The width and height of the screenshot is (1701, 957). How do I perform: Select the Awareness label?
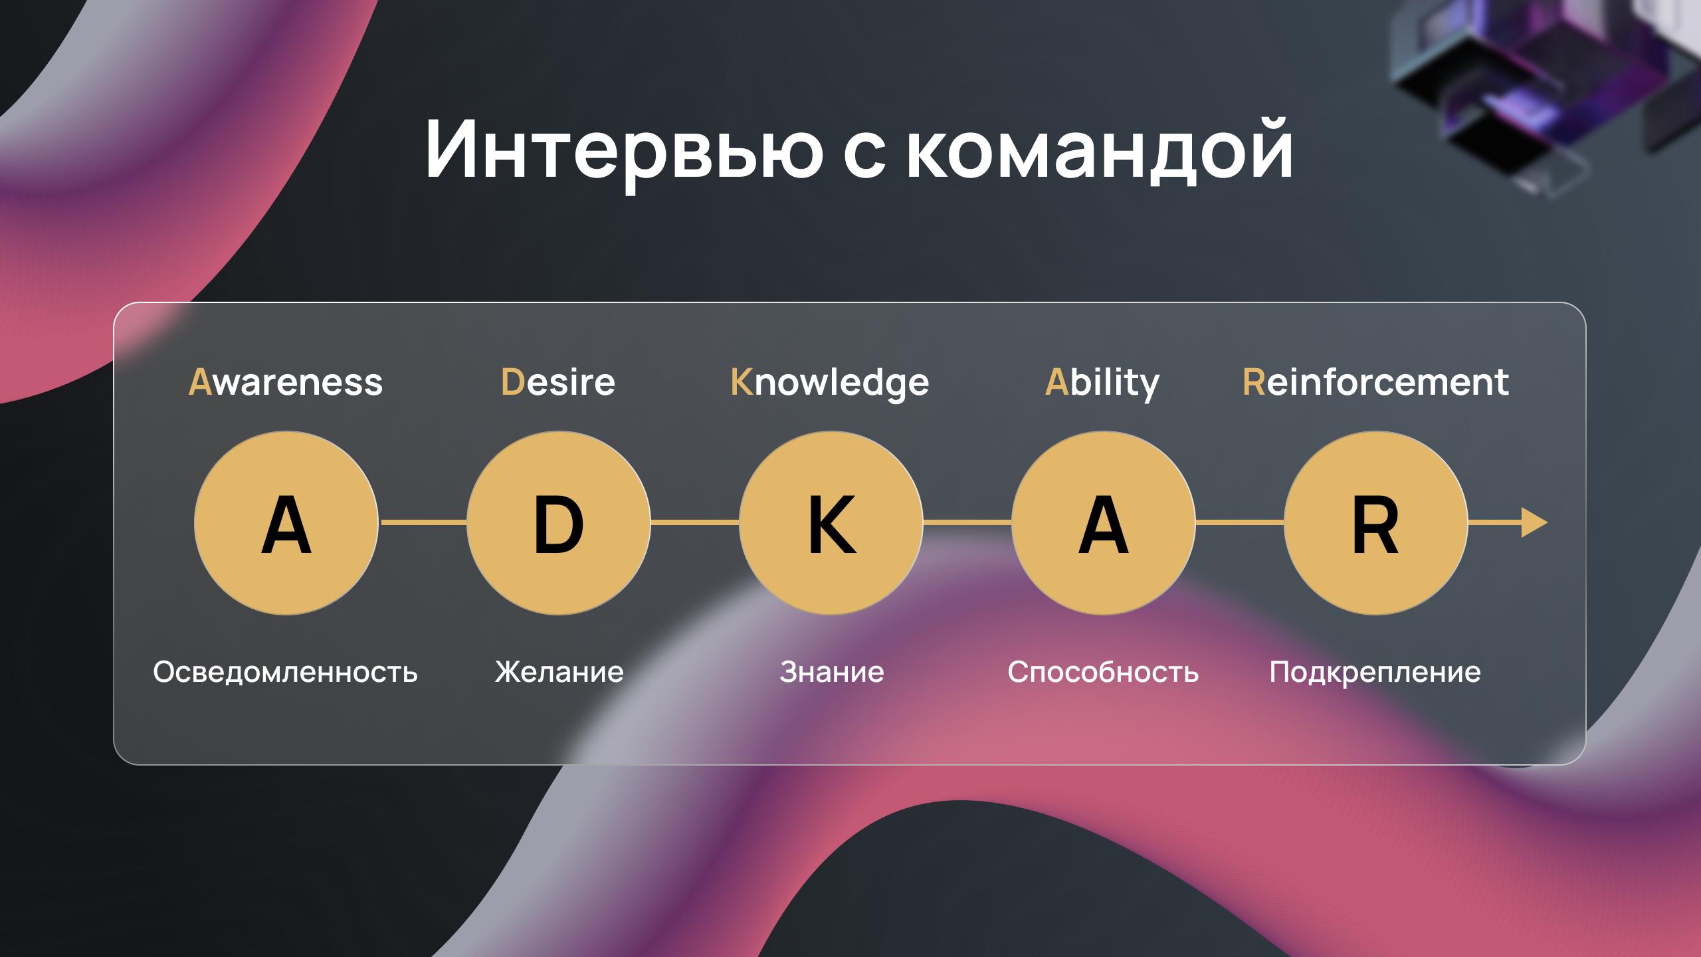[286, 382]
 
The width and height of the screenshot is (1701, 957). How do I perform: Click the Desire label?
[558, 382]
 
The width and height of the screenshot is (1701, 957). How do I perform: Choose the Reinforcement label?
[1375, 382]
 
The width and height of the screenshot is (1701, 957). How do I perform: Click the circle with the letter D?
[559, 523]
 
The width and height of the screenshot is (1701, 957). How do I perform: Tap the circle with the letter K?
[831, 523]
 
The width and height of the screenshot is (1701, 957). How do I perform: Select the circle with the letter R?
[1376, 523]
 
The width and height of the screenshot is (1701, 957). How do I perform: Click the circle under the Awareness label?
[286, 523]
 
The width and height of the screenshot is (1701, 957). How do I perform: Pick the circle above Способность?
[1104, 523]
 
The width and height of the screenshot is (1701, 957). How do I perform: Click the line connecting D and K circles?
[695, 523]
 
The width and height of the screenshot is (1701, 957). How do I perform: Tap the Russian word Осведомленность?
[286, 672]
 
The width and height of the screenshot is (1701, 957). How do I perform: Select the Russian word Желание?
[559, 672]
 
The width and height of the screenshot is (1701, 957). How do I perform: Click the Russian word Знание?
[832, 672]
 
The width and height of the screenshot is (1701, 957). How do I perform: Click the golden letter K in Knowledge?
[742, 382]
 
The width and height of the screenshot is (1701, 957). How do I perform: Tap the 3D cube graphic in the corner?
[1548, 86]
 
